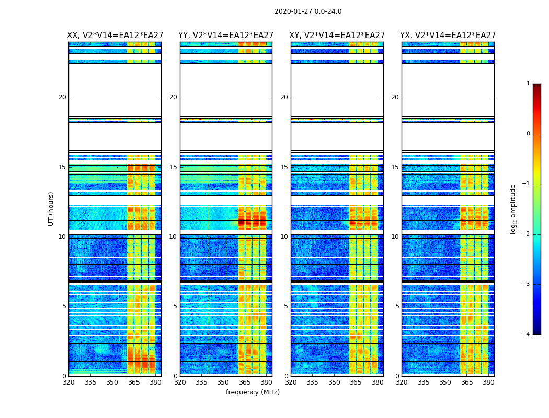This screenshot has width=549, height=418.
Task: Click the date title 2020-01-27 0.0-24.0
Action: coord(308,11)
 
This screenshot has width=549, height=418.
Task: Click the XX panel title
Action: coord(115,36)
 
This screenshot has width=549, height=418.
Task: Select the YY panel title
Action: coord(226,36)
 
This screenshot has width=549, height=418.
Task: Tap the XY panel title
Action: coord(337,36)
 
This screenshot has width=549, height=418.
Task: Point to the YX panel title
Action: coord(448,36)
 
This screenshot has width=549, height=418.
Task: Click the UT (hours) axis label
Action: coord(51,208)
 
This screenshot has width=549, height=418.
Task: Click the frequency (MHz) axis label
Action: coord(253,392)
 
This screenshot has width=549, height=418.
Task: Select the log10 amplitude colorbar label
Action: coord(513,208)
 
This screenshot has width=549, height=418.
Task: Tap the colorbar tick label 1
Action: coord(528,84)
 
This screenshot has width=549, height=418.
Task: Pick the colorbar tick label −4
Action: coord(527,334)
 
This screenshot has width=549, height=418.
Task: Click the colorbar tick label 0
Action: coord(528,134)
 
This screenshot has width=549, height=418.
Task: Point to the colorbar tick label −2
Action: coord(527,234)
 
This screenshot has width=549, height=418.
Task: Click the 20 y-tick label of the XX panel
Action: coord(62,97)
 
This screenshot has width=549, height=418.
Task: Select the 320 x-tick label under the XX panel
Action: coord(68,382)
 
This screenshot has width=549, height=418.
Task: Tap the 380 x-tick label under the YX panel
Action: coord(488,382)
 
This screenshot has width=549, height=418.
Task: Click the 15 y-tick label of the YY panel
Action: coord(173,167)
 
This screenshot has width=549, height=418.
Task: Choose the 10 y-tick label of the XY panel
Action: coord(284,237)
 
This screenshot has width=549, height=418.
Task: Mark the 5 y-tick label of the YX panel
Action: coord(397,306)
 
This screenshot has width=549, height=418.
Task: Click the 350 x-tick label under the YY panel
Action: coord(223,382)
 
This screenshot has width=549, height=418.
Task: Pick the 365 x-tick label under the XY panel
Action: coord(356,382)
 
